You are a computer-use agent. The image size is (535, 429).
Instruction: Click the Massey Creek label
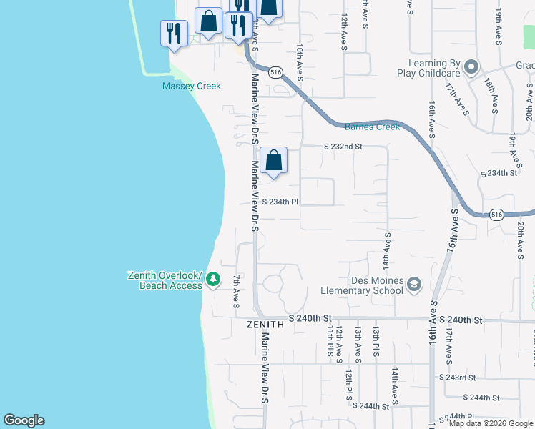[191, 86]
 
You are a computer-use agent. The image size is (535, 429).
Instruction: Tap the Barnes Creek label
[372, 127]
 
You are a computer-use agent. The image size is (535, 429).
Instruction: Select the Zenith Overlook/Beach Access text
[165, 280]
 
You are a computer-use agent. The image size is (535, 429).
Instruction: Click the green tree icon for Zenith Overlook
[212, 280]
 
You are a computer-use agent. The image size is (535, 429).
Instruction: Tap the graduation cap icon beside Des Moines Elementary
[413, 286]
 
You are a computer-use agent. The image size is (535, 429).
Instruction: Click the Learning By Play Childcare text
[428, 68]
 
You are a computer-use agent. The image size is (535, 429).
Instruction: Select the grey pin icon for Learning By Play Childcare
[471, 68]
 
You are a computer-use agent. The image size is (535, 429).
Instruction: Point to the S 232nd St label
[343, 146]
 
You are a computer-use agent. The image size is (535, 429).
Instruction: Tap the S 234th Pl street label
[280, 202]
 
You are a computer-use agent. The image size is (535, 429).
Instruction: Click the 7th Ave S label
[237, 290]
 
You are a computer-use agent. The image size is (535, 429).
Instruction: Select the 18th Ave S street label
[494, 96]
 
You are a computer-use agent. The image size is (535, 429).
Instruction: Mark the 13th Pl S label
[376, 340]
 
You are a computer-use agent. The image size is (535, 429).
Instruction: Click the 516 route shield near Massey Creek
[275, 72]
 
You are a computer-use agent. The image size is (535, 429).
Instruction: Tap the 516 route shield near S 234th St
[498, 214]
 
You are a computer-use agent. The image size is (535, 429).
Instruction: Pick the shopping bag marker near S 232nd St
[273, 161]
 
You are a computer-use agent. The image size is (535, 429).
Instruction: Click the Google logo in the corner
[24, 420]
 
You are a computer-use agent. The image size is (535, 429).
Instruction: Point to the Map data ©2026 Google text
[490, 423]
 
